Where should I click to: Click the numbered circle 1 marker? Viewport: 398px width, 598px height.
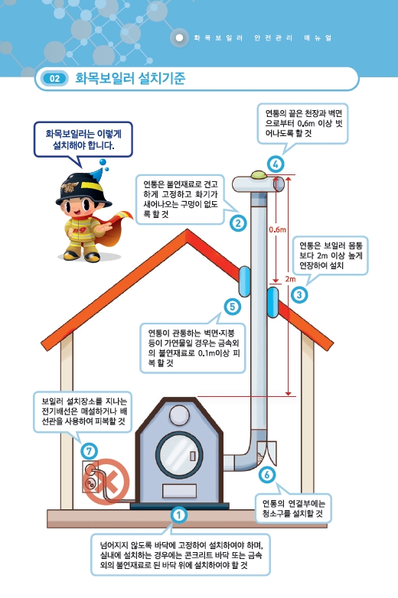(178, 515)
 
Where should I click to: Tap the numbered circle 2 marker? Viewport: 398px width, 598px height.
(238, 223)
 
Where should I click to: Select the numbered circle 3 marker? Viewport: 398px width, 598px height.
(299, 294)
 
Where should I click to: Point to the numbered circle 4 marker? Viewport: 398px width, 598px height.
(276, 164)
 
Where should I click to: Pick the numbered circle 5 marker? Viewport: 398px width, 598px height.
(233, 307)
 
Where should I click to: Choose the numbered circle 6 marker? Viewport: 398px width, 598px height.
(266, 474)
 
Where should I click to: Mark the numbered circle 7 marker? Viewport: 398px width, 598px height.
(89, 451)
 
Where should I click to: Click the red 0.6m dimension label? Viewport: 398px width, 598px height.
(277, 229)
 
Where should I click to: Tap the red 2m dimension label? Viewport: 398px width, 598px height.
(290, 279)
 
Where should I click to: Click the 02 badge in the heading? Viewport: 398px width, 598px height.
(54, 79)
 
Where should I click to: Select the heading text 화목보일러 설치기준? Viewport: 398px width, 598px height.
(130, 78)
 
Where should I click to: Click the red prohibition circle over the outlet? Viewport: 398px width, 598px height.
(106, 482)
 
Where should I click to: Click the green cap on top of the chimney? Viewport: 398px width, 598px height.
(259, 174)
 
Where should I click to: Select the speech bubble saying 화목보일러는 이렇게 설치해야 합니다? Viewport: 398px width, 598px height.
(83, 140)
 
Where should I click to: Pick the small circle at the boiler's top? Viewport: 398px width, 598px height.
(179, 415)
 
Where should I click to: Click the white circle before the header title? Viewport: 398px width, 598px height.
(179, 38)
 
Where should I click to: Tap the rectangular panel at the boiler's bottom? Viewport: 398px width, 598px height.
(179, 491)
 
